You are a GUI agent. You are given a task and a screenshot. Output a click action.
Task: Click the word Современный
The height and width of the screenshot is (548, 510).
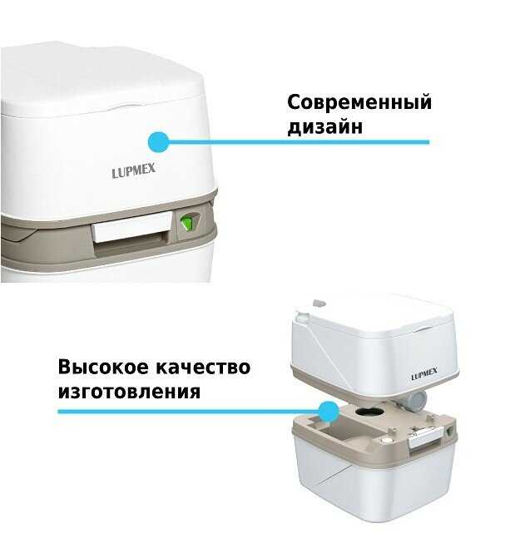(359, 103)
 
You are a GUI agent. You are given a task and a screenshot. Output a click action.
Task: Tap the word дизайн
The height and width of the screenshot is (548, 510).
(324, 126)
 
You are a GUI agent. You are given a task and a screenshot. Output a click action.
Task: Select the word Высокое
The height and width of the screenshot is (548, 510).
(103, 367)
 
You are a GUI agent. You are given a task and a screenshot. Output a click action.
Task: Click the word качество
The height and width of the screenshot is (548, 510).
(203, 368)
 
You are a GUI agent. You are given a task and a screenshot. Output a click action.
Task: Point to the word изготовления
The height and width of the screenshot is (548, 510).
(129, 392)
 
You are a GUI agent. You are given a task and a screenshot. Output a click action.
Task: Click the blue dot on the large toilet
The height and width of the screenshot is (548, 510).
(158, 142)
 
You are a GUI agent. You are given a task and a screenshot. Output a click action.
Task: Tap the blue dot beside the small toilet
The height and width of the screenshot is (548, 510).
(329, 412)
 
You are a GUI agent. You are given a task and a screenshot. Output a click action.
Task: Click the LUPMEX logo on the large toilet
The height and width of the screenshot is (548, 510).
(133, 170)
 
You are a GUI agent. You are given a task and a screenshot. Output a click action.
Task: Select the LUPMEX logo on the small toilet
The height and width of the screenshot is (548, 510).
(424, 374)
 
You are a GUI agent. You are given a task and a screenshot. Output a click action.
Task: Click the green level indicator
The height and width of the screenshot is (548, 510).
(186, 223)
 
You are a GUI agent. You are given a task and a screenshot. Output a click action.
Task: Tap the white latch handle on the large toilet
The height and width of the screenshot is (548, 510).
(131, 227)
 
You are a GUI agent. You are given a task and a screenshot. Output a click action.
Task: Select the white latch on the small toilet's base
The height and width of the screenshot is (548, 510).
(424, 437)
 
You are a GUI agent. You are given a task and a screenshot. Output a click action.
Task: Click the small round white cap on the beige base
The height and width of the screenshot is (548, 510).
(386, 441)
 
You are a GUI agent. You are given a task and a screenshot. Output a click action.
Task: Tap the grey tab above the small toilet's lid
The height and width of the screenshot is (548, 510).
(319, 303)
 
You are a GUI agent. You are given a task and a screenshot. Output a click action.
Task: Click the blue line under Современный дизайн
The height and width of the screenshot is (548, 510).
(299, 142)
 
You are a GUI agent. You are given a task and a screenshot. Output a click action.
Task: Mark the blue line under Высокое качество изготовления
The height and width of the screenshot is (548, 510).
(189, 412)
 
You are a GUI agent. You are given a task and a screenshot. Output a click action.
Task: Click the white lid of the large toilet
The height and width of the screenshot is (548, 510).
(102, 79)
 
